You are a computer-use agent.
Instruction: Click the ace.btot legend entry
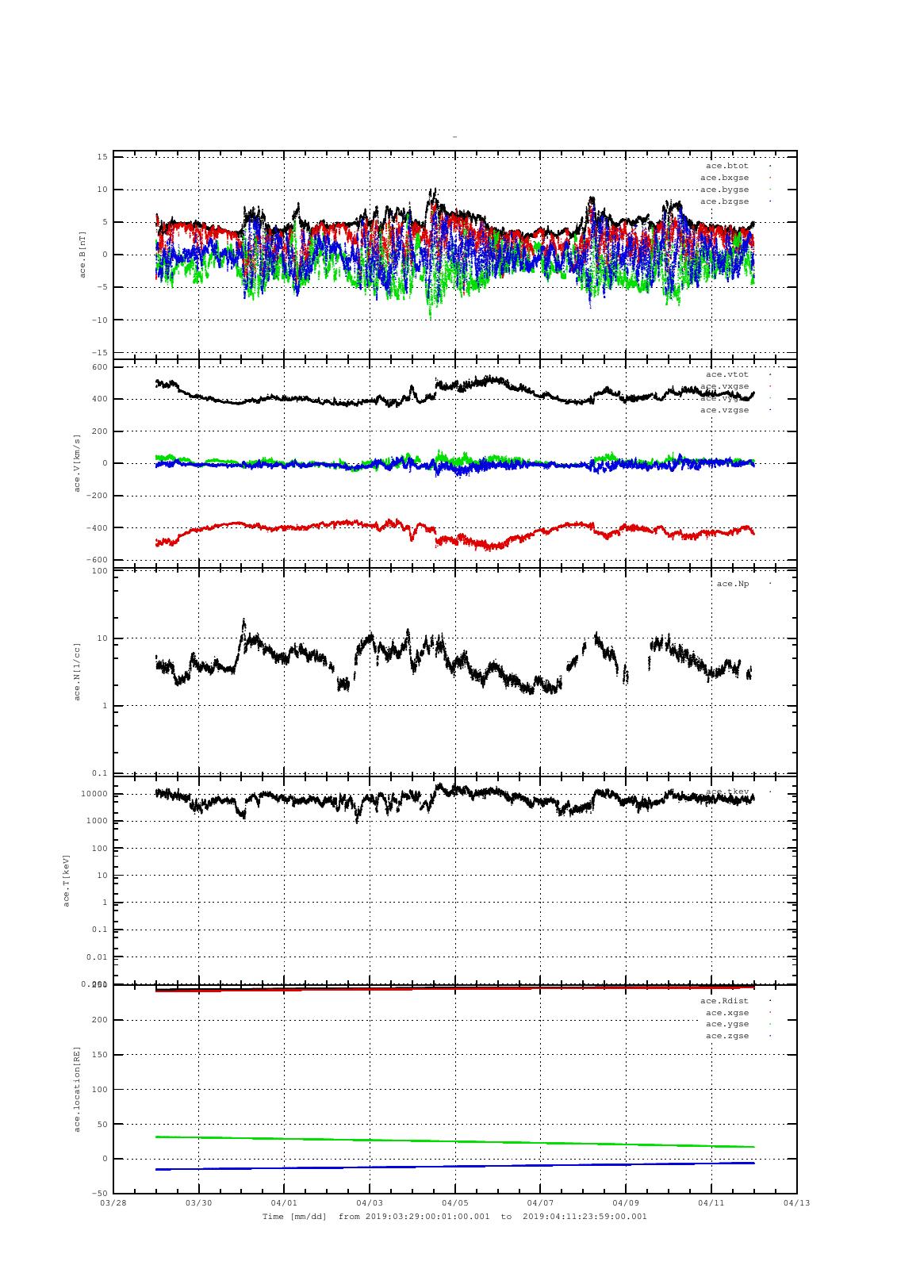pos(726,166)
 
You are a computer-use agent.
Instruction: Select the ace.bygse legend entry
pos(724,190)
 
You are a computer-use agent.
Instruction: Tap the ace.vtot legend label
pos(726,374)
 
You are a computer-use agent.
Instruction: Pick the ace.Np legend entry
pos(732,584)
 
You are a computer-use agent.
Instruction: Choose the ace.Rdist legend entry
pos(724,1001)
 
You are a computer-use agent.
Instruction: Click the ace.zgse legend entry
pos(726,1036)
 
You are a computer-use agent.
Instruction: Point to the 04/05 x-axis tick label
pos(454,1203)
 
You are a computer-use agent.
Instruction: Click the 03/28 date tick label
pos(113,1203)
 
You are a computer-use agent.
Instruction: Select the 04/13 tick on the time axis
pos(796,1203)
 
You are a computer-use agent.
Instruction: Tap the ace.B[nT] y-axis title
pos(82,254)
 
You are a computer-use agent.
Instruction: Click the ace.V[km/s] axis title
pos(77,463)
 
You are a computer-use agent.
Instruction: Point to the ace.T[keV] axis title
pos(67,880)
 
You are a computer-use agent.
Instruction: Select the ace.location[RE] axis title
pos(77,1088)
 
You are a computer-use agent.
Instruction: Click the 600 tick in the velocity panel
pos(99,367)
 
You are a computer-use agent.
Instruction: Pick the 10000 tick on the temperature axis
pos(94,794)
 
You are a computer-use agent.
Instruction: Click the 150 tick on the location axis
pos(99,1055)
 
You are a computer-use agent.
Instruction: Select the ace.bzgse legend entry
pos(724,201)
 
